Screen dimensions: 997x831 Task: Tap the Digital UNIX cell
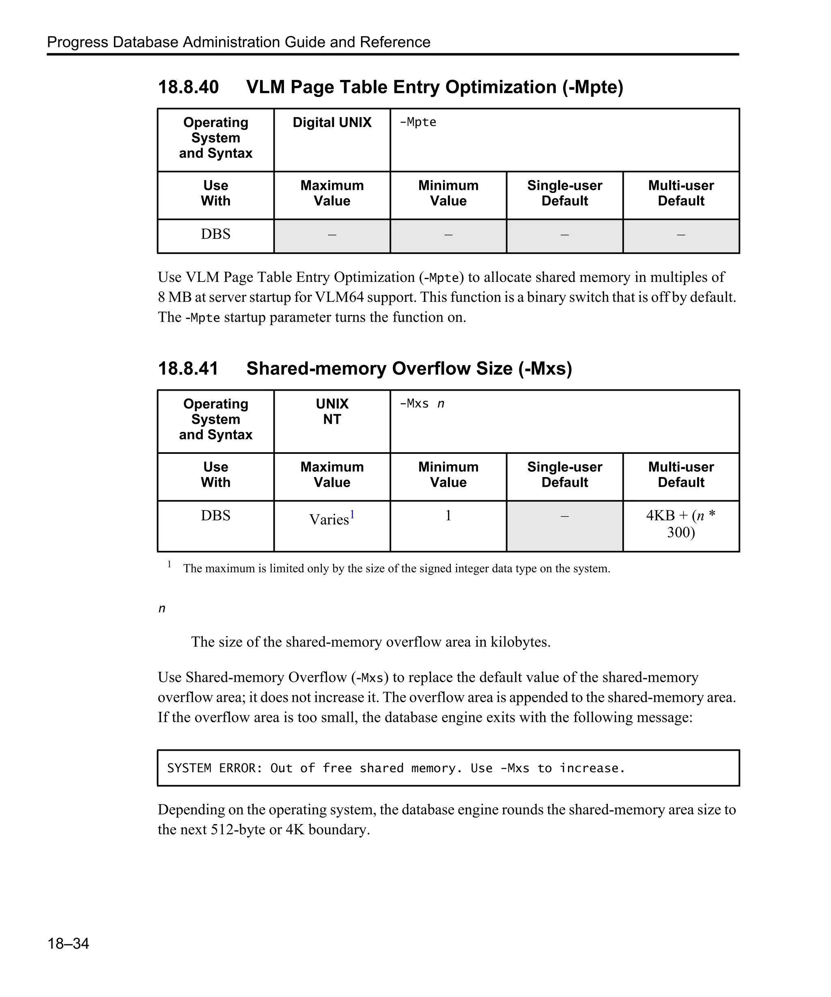point(332,122)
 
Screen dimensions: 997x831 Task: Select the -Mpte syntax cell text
point(418,122)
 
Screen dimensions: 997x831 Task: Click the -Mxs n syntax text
point(422,404)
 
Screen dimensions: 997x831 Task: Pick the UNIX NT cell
point(332,412)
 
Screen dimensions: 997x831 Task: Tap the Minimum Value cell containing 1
point(448,516)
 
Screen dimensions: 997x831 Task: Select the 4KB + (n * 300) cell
point(680,524)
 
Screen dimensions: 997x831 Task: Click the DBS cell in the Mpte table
point(215,234)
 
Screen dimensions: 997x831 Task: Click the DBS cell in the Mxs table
point(215,516)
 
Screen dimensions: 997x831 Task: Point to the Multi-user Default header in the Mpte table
point(680,193)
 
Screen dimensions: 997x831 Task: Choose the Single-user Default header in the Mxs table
point(564,475)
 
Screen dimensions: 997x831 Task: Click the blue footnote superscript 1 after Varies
point(352,514)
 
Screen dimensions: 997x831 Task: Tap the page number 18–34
point(68,943)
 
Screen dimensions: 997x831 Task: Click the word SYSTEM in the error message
point(189,768)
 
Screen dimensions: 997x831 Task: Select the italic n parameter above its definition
point(161,609)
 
